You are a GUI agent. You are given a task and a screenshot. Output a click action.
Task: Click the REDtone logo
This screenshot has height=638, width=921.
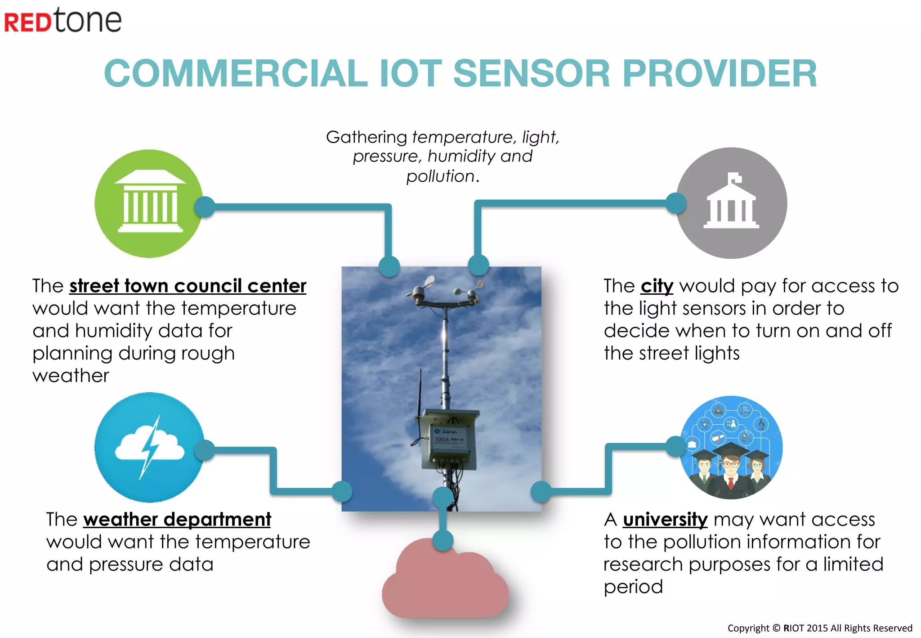(63, 21)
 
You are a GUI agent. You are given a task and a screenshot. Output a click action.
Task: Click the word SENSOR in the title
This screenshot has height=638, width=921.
(531, 73)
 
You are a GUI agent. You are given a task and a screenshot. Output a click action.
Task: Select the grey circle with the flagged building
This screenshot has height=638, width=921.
(732, 203)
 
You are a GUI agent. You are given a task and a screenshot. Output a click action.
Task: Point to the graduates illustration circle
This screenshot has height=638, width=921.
(731, 447)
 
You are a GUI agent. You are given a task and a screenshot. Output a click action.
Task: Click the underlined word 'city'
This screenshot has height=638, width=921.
(657, 286)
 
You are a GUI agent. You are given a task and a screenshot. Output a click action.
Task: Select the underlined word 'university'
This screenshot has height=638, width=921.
(665, 520)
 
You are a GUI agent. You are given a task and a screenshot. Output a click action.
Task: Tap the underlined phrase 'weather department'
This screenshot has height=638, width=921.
(177, 520)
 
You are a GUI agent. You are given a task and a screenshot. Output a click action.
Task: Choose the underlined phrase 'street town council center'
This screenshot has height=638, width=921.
(188, 286)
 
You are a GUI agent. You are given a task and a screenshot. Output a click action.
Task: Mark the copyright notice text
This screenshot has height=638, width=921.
(820, 628)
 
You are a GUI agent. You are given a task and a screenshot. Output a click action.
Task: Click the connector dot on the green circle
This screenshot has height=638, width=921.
(205, 207)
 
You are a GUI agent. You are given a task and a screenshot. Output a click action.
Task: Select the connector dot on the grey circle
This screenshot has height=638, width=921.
(676, 203)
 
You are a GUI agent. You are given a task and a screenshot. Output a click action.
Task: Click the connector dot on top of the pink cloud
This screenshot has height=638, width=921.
(443, 540)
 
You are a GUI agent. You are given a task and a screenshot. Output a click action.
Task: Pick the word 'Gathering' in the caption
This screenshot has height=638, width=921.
(367, 137)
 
